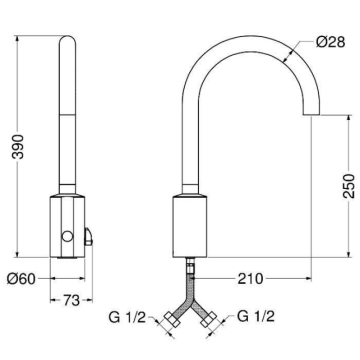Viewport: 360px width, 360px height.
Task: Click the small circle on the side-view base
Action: coord(67,236)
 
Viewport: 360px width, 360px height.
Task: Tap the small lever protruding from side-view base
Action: coord(88,238)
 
